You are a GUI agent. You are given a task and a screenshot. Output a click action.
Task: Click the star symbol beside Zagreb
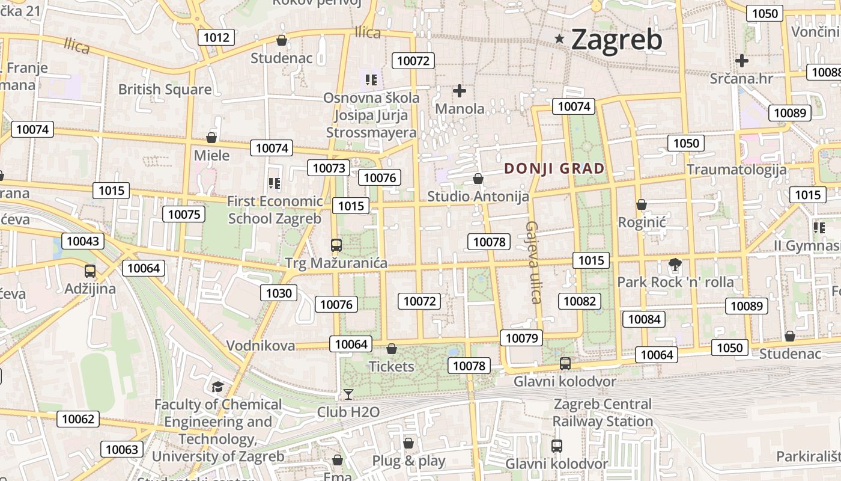click(x=559, y=39)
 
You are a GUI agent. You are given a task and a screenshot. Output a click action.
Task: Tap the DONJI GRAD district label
click(x=554, y=168)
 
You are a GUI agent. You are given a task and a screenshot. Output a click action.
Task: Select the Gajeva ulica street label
click(x=533, y=262)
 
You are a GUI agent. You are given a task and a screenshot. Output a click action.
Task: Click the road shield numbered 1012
click(x=216, y=37)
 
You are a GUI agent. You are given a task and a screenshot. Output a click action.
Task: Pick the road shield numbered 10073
click(x=329, y=168)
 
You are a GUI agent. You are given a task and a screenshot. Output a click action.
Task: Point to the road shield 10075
click(x=184, y=214)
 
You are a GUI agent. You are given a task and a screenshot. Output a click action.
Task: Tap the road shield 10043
click(x=83, y=241)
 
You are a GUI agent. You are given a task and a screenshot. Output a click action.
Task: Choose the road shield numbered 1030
click(x=279, y=293)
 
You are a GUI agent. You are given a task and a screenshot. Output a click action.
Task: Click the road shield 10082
click(x=580, y=301)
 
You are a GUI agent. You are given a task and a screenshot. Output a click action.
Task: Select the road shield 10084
click(x=645, y=319)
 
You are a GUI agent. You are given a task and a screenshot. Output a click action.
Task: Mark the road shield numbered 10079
click(x=521, y=338)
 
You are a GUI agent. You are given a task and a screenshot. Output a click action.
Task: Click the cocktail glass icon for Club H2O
click(x=348, y=394)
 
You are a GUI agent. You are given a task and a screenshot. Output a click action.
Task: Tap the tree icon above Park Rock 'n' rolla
click(x=675, y=264)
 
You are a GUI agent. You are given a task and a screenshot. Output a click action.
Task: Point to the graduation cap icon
click(x=217, y=387)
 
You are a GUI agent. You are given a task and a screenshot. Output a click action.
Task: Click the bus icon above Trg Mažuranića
click(x=336, y=245)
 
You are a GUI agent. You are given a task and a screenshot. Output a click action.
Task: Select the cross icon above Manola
click(x=460, y=91)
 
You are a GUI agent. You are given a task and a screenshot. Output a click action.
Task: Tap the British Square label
click(x=165, y=90)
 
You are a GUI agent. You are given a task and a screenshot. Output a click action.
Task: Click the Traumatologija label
click(x=736, y=170)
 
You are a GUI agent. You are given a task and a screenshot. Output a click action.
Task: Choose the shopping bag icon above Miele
click(x=211, y=138)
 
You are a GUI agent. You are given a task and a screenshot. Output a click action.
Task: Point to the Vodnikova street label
click(x=261, y=346)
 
